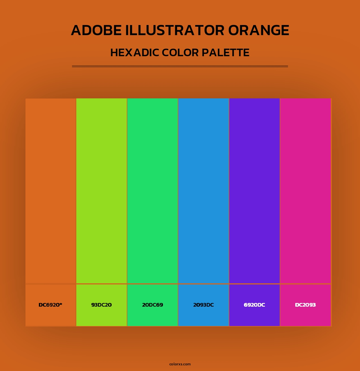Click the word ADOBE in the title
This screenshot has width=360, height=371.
[96, 30]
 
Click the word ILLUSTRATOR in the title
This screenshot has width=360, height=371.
[175, 30]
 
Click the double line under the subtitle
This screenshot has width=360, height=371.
[180, 66]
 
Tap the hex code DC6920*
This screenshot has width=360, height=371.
[50, 305]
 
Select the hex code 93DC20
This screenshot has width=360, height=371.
[102, 305]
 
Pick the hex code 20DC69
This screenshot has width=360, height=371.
[152, 305]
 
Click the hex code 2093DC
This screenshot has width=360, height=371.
[203, 305]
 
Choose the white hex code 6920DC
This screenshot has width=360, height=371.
[254, 305]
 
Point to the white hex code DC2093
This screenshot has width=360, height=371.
[305, 305]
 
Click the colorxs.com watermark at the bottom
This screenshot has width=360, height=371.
[180, 364]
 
